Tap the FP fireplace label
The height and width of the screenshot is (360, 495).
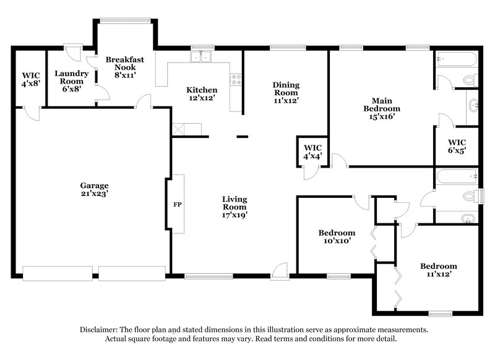[176, 204]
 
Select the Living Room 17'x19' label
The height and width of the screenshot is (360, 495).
[235, 204]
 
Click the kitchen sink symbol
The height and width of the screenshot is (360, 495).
[202, 58]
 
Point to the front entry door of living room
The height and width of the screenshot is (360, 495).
[280, 270]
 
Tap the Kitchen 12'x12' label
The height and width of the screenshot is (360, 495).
[202, 94]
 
